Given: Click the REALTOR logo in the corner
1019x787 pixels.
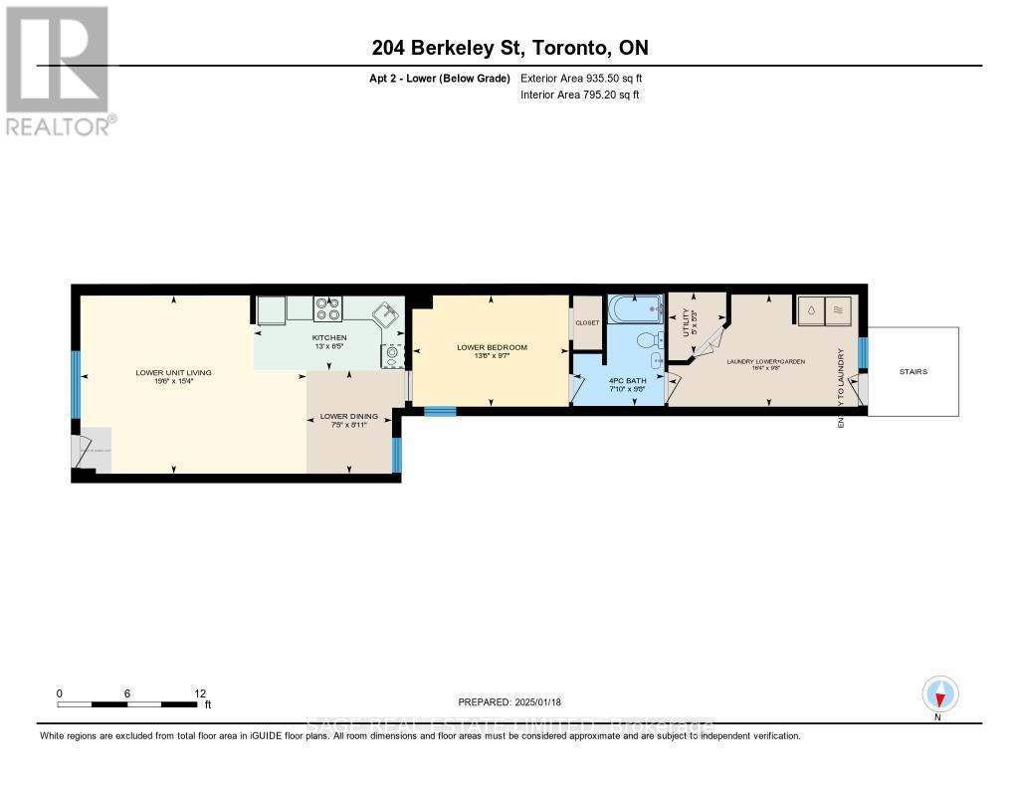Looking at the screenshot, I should click(58, 70).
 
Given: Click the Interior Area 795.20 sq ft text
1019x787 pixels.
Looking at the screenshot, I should click(579, 96).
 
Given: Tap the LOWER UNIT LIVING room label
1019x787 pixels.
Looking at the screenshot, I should click(174, 373).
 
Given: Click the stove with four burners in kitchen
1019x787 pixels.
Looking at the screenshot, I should click(327, 309).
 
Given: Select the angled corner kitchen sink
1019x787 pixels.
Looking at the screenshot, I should click(384, 316).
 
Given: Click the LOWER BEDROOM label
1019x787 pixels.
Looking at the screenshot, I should click(492, 347).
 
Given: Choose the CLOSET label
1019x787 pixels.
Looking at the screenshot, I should click(587, 323).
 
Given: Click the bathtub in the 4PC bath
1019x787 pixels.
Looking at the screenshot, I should click(634, 308).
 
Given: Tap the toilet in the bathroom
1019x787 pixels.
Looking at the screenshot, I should click(650, 341).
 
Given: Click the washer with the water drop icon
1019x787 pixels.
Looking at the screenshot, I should click(811, 309).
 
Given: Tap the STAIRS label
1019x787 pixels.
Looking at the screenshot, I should click(913, 372).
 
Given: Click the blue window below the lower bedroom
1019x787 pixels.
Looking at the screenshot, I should click(440, 411).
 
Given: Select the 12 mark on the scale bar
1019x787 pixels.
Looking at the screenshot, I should click(200, 694).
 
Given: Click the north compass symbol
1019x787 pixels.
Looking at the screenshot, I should click(939, 693).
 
